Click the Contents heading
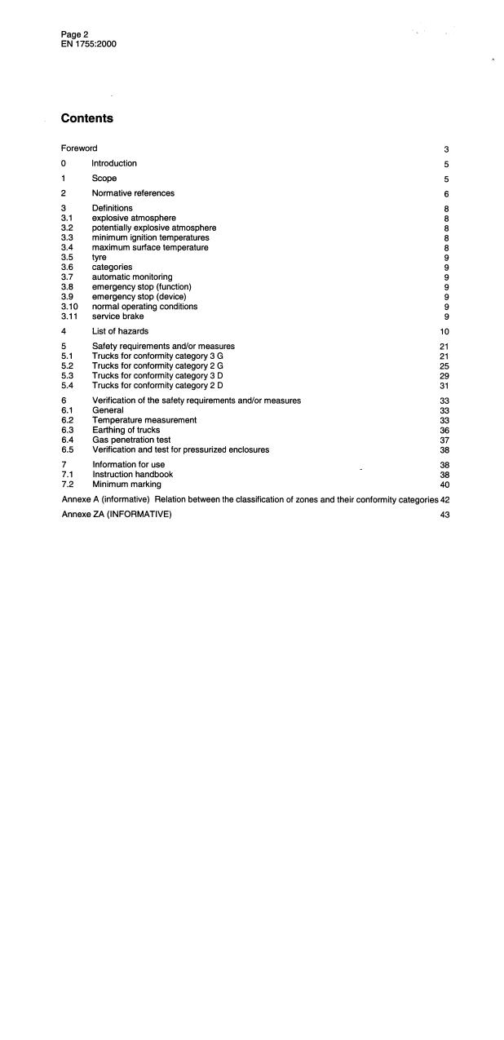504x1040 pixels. pyautogui.click(x=87, y=118)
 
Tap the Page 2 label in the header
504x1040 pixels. pyautogui.click(x=74, y=34)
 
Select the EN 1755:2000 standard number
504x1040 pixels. pyautogui.click(x=88, y=43)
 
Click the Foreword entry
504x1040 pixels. pyautogui.click(x=79, y=148)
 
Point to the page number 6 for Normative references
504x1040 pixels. pyautogui.click(x=446, y=194)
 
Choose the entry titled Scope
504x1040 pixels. pyautogui.click(x=104, y=178)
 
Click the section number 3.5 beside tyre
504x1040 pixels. pyautogui.click(x=68, y=257)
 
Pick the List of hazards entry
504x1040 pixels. pyautogui.click(x=120, y=331)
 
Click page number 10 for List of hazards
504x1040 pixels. pyautogui.click(x=444, y=332)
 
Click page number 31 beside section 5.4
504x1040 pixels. pyautogui.click(x=444, y=386)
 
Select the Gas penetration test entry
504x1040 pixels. pyautogui.click(x=131, y=440)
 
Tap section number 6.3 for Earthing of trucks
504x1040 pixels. pyautogui.click(x=68, y=430)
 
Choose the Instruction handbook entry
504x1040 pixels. pyautogui.click(x=132, y=474)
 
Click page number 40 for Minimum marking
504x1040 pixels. pyautogui.click(x=444, y=485)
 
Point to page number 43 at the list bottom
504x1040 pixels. pyautogui.click(x=444, y=515)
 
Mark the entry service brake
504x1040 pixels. pyautogui.click(x=117, y=316)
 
